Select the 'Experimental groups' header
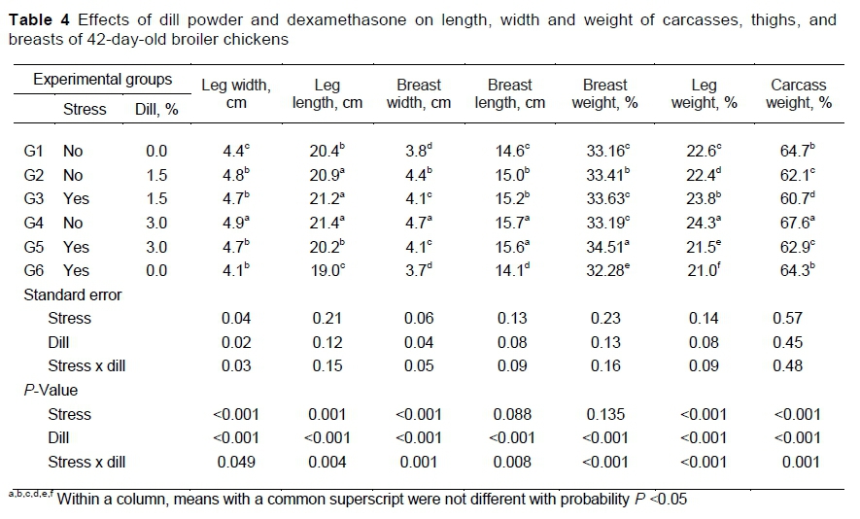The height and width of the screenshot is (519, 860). [x=103, y=80]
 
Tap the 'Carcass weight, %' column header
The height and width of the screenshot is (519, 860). [x=798, y=94]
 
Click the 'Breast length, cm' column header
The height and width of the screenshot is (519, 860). [x=509, y=94]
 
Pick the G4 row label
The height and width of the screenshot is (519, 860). [x=34, y=223]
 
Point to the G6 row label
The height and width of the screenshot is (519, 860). [x=34, y=271]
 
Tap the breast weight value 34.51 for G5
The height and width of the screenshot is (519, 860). [x=603, y=247]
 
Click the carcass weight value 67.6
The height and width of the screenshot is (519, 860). [x=796, y=223]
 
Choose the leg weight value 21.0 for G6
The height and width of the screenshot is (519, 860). [x=700, y=271]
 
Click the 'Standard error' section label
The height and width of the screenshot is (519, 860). [x=73, y=294]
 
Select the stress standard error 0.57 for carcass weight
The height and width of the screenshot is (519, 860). [x=788, y=318]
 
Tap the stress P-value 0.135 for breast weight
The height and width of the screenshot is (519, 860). [x=604, y=414]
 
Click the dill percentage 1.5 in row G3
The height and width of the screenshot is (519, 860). [x=156, y=198]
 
